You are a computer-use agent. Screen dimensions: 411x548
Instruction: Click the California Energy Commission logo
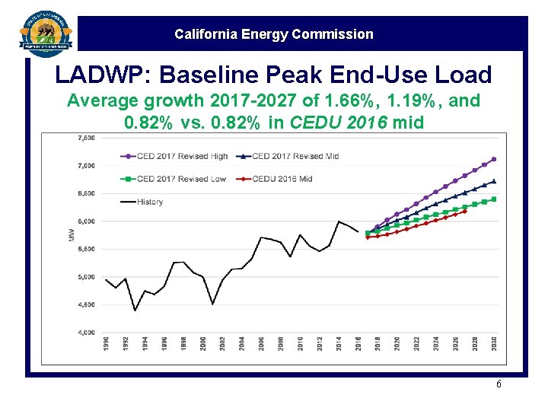(x=46, y=34)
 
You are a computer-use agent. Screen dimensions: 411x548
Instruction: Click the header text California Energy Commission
(x=274, y=34)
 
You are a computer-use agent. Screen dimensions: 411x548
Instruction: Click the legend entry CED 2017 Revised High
(x=182, y=157)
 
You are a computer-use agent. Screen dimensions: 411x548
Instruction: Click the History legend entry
(x=149, y=202)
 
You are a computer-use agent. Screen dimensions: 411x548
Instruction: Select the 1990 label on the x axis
(x=106, y=344)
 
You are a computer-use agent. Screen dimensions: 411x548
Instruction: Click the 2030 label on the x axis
(x=494, y=344)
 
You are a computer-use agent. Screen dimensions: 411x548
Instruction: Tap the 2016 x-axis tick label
(x=358, y=344)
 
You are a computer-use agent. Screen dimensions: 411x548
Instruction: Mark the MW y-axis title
(x=72, y=235)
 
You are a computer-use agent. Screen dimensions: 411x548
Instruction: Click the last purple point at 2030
(x=494, y=159)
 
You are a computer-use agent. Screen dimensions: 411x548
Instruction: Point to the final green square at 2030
(x=494, y=199)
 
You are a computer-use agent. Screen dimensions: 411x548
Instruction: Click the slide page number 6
(x=499, y=384)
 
